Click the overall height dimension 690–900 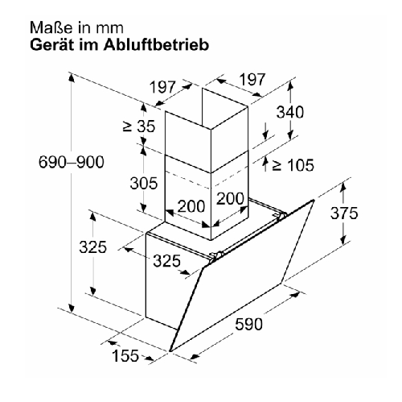pos(72,162)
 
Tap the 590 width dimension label pos(248,324)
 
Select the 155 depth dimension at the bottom pos(125,355)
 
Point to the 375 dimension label pos(344,213)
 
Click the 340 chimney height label pos(290,112)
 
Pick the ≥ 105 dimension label pos(293,165)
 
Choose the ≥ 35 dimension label pos(139,126)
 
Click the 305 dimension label pos(144,184)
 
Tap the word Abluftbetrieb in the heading pos(157,45)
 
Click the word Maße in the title pos(51,28)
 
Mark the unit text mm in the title pos(110,28)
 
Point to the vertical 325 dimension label pos(92,247)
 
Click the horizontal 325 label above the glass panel pos(167,261)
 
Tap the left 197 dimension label pos(163,87)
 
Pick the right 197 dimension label pos(252,79)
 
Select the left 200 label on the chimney pos(191,206)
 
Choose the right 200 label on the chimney pos(230,198)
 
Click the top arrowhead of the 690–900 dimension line pos(72,78)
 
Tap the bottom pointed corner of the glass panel pos(170,351)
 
